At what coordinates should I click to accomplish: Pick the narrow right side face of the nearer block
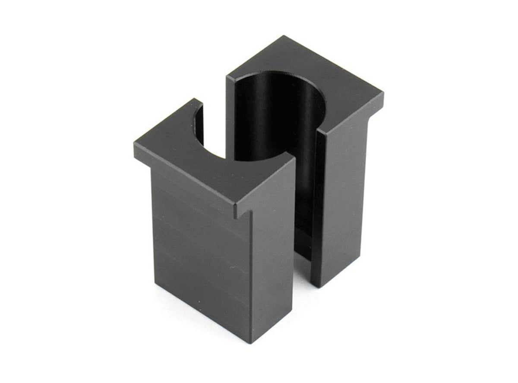coord(272,242)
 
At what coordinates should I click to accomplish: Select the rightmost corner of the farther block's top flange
coord(383,94)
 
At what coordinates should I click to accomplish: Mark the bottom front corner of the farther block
coord(315,286)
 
